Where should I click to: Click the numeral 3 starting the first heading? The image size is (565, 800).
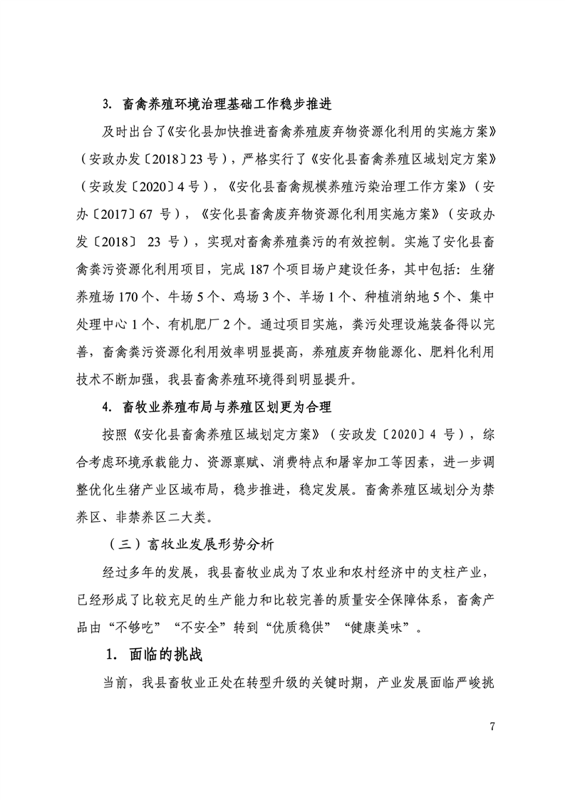[x=105, y=106]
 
